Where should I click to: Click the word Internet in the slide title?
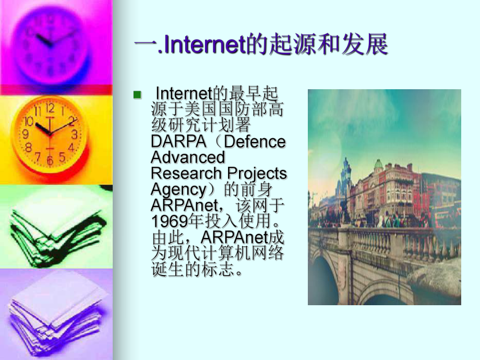tap(201, 45)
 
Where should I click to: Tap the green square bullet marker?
tap(137, 94)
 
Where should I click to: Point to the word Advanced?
tap(188, 157)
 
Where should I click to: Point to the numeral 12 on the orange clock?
tap(50, 109)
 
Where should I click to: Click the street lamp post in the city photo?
tap(345, 188)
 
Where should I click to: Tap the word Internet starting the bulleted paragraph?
tap(182, 94)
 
